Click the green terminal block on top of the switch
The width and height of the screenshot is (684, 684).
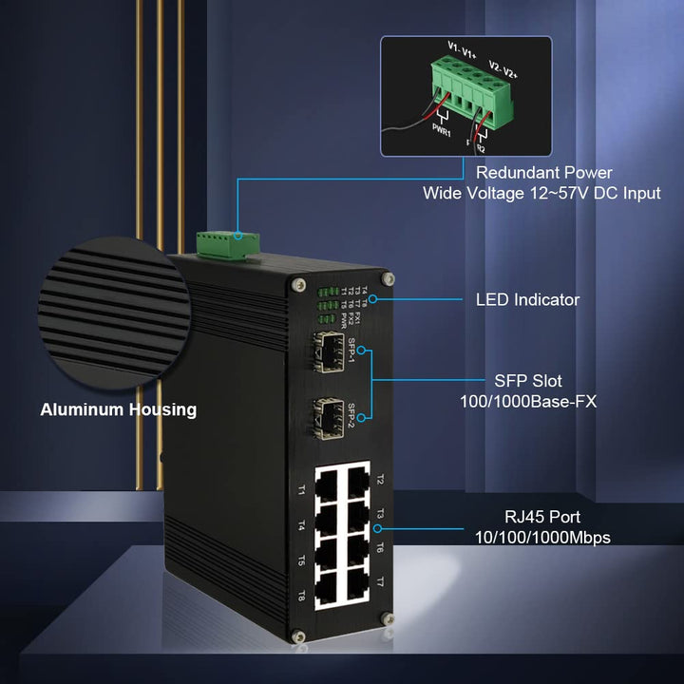(x=229, y=243)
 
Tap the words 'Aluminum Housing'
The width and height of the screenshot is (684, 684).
(x=118, y=410)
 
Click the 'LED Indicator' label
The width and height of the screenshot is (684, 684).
(x=527, y=300)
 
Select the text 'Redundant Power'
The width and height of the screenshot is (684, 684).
(x=543, y=173)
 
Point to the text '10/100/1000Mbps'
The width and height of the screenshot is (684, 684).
(x=542, y=538)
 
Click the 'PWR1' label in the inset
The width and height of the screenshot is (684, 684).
(x=441, y=127)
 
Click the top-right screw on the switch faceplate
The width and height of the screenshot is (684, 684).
(x=388, y=279)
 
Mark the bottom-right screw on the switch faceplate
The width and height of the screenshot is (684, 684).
(x=387, y=618)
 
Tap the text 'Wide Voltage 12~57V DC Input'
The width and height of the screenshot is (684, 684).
(x=541, y=194)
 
